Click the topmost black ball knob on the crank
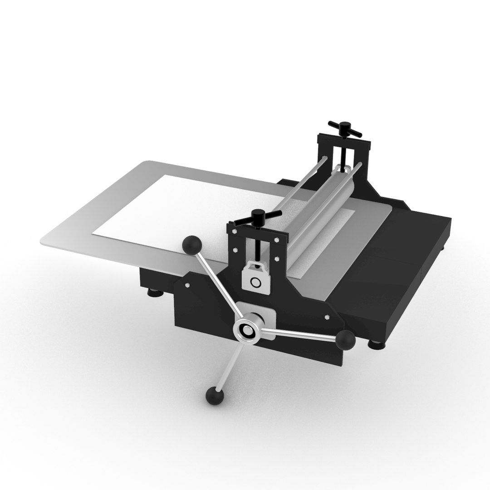tap(192, 245)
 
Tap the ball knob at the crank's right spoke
tap(346, 339)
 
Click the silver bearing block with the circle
tap(255, 278)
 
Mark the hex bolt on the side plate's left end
tap(186, 285)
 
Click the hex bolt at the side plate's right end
tap(326, 318)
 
